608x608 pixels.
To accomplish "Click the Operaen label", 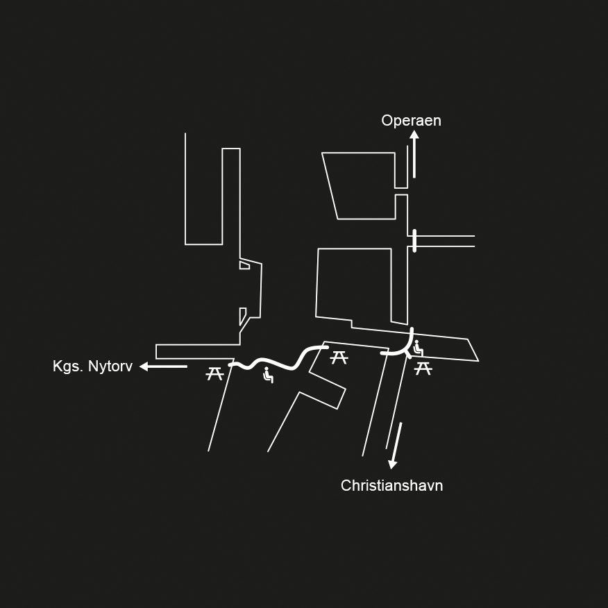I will (411, 121).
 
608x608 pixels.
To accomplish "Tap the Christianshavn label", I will (391, 486).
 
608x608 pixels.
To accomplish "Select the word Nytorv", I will (109, 366).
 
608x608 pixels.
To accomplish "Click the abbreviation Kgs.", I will (67, 366).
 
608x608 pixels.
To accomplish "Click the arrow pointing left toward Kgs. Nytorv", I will (163, 366).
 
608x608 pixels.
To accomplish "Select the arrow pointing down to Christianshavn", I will (396, 445).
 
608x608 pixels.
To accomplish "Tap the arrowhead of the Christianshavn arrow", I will (393, 464).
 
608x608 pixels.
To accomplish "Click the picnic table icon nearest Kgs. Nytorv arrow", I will (214, 374).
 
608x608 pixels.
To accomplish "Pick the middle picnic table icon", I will (339, 357).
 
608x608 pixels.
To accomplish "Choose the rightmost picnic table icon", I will (423, 369).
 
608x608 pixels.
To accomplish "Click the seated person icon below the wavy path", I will (268, 375).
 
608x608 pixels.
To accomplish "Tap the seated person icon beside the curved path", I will (417, 348).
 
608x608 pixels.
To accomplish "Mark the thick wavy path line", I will (278, 362).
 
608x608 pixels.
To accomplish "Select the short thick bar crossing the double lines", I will (414, 241).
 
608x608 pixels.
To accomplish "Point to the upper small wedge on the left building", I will (244, 265).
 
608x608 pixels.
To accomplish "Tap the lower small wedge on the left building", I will (242, 315).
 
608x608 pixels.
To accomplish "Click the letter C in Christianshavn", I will (346, 486).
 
